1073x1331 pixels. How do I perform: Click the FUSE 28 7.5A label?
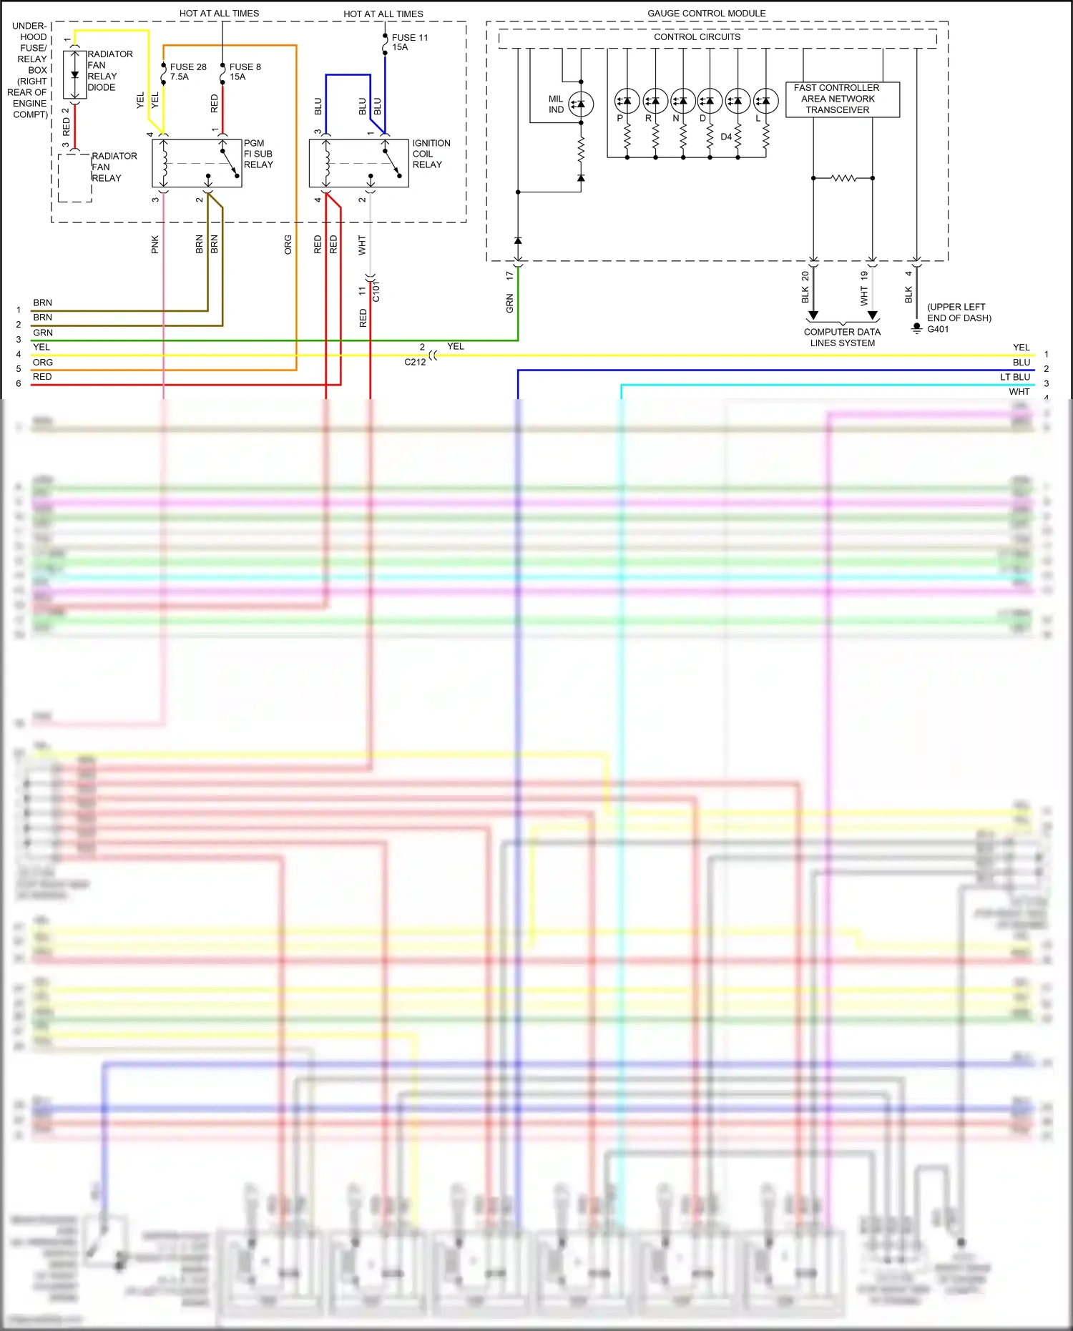187,72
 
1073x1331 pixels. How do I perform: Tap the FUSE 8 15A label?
245,72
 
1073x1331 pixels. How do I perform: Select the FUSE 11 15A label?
409,42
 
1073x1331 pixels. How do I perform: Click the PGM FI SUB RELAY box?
197,163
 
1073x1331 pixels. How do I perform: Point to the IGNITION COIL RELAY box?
358,163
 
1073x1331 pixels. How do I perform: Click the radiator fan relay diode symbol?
74,74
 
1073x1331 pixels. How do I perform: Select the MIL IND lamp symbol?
581,104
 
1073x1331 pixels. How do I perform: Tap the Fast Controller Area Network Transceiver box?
842,99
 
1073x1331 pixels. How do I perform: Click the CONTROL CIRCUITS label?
697,37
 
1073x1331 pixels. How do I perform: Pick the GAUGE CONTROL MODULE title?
706,14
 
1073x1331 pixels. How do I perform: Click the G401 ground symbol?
916,328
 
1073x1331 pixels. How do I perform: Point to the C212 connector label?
415,362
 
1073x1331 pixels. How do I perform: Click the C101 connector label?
376,290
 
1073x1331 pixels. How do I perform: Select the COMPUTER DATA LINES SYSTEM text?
842,338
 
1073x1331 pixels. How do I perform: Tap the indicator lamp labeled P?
627,101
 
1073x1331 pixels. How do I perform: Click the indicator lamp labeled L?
765,101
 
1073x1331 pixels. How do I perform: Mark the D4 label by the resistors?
726,137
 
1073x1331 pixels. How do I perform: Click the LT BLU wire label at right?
1015,377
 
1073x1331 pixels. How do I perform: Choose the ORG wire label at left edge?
43,363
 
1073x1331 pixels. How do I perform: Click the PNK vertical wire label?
155,245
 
